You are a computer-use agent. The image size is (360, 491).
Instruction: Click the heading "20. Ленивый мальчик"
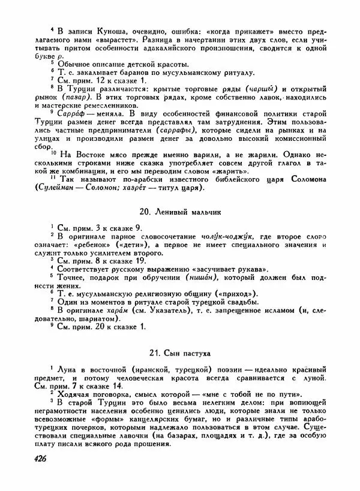coord(179,212)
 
